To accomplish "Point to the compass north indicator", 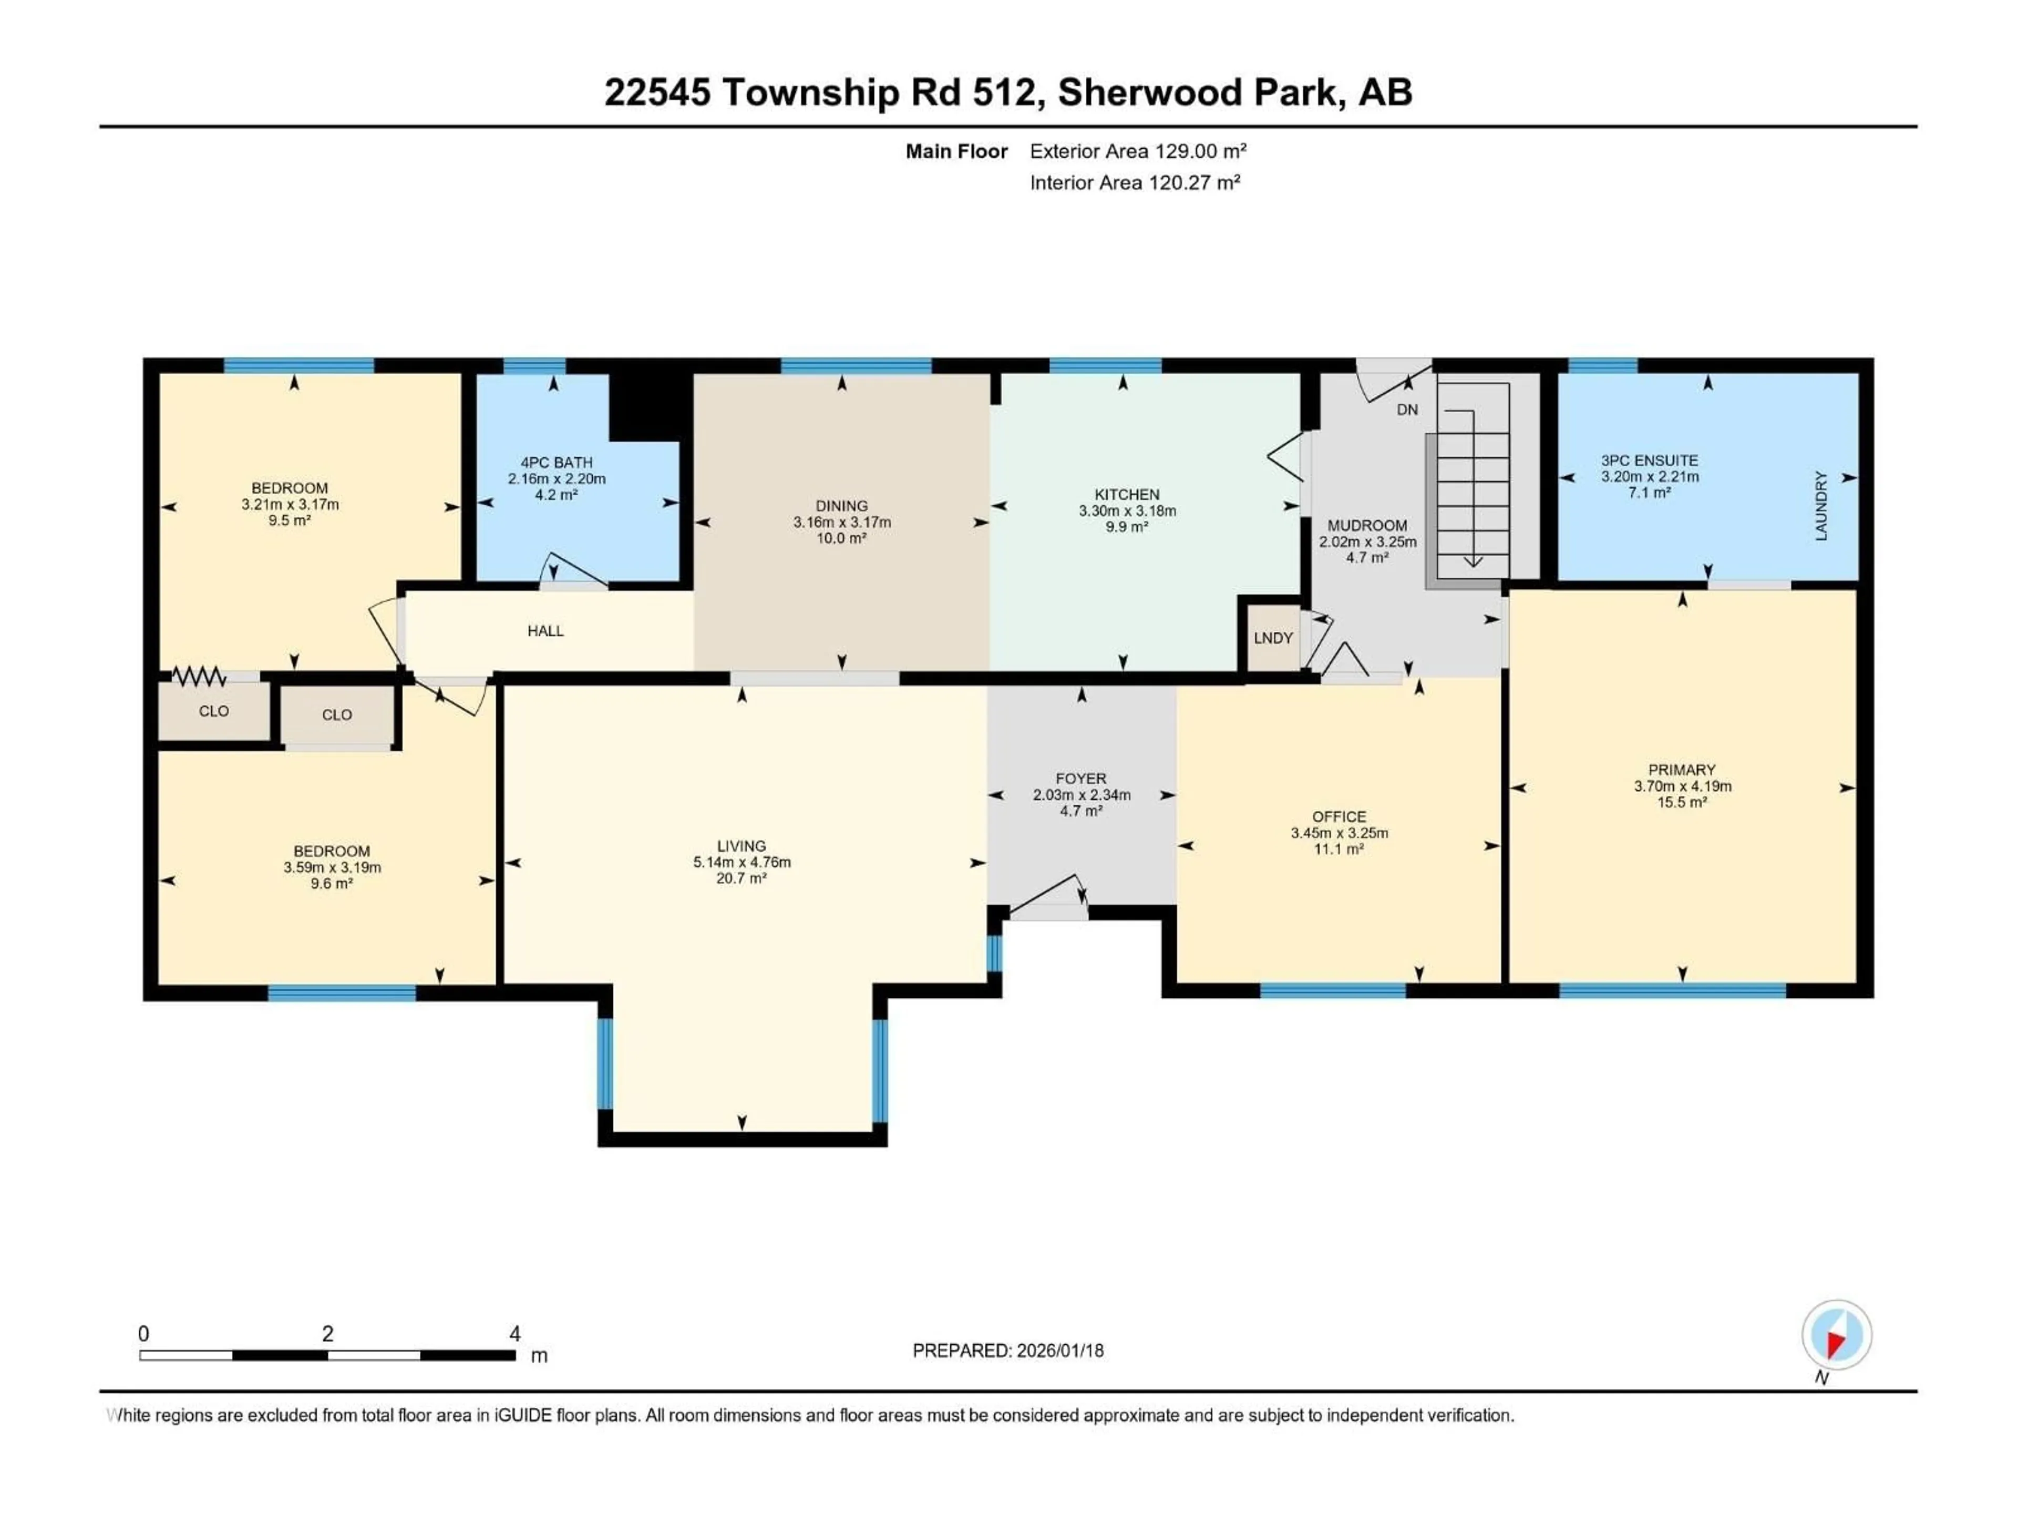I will pyautogui.click(x=1837, y=1335).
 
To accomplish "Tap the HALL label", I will pyautogui.click(x=545, y=631).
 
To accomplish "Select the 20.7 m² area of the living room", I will pyautogui.click(x=741, y=878).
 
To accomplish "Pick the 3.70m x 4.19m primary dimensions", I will pyautogui.click(x=1682, y=786).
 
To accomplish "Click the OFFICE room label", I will pyautogui.click(x=1339, y=817).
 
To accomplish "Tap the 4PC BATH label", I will pyautogui.click(x=557, y=463).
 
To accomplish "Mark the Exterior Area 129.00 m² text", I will pyautogui.click(x=1138, y=151).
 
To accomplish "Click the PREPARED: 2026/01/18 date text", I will pyautogui.click(x=1008, y=1351).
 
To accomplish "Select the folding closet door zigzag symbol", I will pyautogui.click(x=199, y=676).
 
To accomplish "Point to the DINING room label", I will pyautogui.click(x=841, y=506).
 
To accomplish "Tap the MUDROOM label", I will pyautogui.click(x=1367, y=526).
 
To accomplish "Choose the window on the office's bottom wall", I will pyautogui.click(x=1332, y=990).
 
